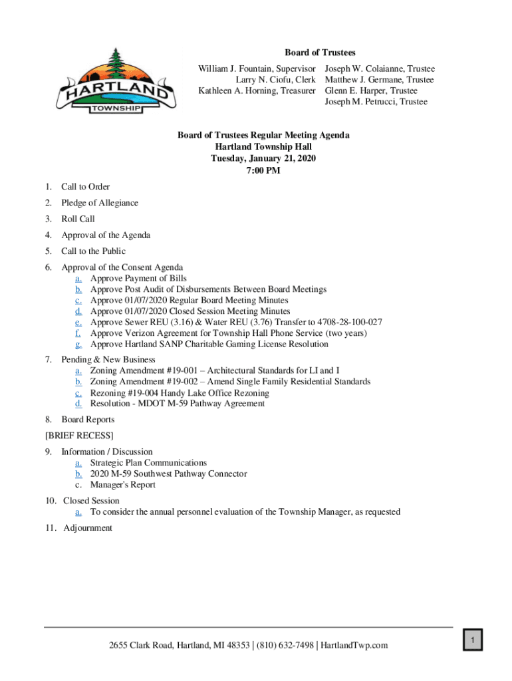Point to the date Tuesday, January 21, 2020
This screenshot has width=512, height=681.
click(263, 158)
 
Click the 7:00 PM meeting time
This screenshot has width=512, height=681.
click(263, 170)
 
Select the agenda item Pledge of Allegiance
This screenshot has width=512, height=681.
click(100, 203)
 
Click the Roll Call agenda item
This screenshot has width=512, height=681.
click(78, 219)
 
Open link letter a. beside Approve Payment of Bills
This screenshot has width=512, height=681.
click(78, 279)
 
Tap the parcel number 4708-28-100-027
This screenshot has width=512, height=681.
click(340, 323)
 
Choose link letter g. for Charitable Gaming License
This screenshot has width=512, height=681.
click(78, 344)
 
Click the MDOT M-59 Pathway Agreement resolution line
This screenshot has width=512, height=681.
click(177, 404)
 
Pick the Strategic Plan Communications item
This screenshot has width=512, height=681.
click(148, 463)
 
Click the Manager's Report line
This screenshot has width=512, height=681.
click(123, 485)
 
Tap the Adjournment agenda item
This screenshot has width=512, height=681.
click(88, 528)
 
